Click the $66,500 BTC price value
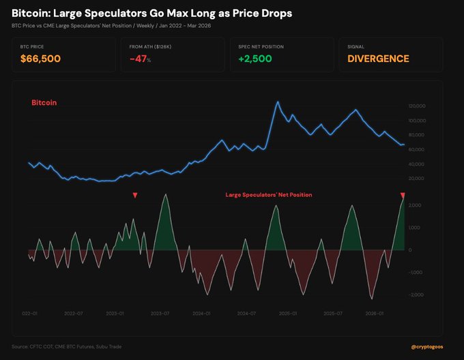click(x=40, y=59)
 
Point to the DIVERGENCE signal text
click(x=378, y=59)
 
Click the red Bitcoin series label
click(x=44, y=102)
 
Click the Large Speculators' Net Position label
click(x=268, y=195)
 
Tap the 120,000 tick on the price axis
click(x=416, y=106)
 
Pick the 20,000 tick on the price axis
click(x=417, y=179)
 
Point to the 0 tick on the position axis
click(x=410, y=250)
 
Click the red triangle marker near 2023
click(x=135, y=196)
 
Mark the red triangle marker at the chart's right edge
click(x=403, y=196)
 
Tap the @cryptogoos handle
click(x=431, y=347)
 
